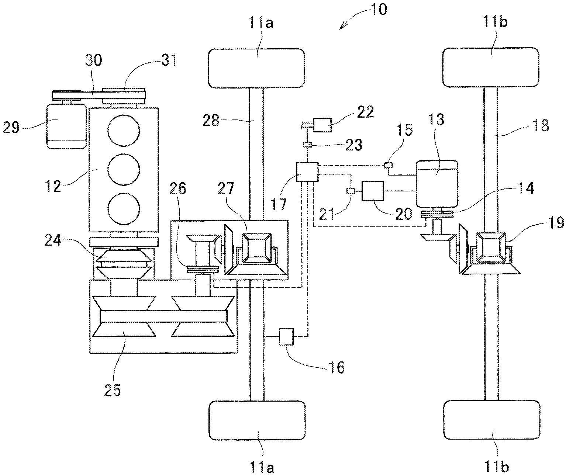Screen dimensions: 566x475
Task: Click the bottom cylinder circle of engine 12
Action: [124, 209]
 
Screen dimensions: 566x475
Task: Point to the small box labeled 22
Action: [322, 125]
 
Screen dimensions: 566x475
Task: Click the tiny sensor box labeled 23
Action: [307, 145]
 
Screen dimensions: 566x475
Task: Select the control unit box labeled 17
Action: [307, 172]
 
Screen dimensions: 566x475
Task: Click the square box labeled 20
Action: [373, 191]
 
